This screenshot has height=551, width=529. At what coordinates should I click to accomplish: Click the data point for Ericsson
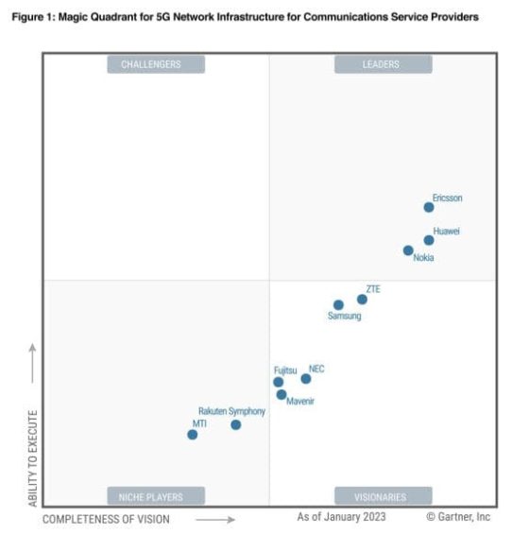(429, 207)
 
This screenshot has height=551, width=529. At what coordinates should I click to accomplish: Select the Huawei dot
(429, 240)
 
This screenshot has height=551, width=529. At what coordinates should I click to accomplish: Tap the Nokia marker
(408, 250)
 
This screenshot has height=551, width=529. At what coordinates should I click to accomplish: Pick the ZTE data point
(362, 300)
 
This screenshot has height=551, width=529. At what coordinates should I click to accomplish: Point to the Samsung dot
(338, 305)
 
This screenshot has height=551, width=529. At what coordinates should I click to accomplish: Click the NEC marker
(306, 379)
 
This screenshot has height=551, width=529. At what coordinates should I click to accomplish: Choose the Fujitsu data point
(279, 383)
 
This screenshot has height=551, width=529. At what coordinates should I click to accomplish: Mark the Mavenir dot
(282, 395)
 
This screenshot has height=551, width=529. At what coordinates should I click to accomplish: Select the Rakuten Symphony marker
(236, 425)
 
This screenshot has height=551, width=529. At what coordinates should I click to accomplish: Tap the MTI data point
(193, 435)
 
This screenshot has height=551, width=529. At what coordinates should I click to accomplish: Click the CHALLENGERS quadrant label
(151, 64)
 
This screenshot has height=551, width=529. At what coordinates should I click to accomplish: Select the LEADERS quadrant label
(381, 64)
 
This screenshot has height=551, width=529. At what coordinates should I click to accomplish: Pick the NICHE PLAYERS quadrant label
(151, 496)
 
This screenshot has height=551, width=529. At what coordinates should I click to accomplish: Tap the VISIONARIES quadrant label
(381, 496)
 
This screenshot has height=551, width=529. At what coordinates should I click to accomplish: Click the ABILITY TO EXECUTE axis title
(32, 457)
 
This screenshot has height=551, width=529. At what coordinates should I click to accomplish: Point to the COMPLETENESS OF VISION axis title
(107, 519)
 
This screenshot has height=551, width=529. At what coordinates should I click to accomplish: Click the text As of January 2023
(341, 517)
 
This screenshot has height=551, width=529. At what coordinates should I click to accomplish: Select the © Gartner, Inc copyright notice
(458, 517)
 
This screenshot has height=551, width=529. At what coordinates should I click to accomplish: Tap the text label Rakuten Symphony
(231, 412)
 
